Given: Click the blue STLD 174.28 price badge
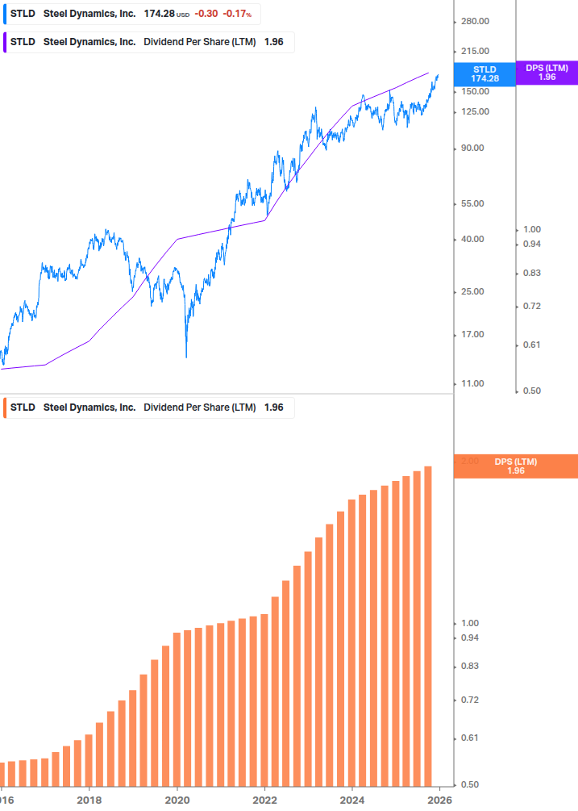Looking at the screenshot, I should pyautogui.click(x=484, y=73).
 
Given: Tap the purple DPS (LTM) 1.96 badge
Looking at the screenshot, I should pyautogui.click(x=547, y=73).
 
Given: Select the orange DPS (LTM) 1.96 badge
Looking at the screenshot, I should pyautogui.click(x=515, y=466).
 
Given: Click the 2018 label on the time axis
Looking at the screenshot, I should pyautogui.click(x=89, y=801).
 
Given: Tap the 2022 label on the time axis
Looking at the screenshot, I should pyautogui.click(x=264, y=801).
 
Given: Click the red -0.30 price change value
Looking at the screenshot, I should pyautogui.click(x=206, y=15).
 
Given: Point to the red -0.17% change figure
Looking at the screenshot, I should pyautogui.click(x=237, y=15).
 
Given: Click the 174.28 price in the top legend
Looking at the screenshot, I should pyautogui.click(x=160, y=15).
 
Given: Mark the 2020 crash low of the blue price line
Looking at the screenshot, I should pyautogui.click(x=186, y=356).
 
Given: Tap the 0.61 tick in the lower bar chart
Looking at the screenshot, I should pyautogui.click(x=469, y=738).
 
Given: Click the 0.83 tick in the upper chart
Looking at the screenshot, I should pyautogui.click(x=531, y=274).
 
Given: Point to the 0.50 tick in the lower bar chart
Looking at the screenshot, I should pyautogui.click(x=469, y=784).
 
